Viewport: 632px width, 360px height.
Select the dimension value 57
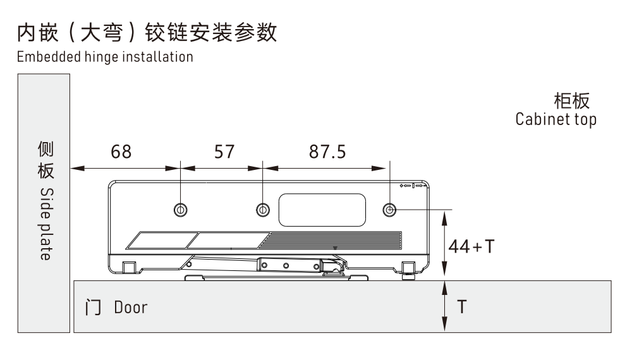(x=221, y=153)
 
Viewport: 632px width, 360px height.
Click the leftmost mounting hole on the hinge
(x=181, y=209)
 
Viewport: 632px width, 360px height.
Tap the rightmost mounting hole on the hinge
(x=391, y=209)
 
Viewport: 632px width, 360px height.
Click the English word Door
(x=131, y=308)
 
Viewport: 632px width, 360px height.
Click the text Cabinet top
(x=556, y=119)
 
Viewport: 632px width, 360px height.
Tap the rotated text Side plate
(x=45, y=225)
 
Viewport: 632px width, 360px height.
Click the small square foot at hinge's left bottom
(x=128, y=268)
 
